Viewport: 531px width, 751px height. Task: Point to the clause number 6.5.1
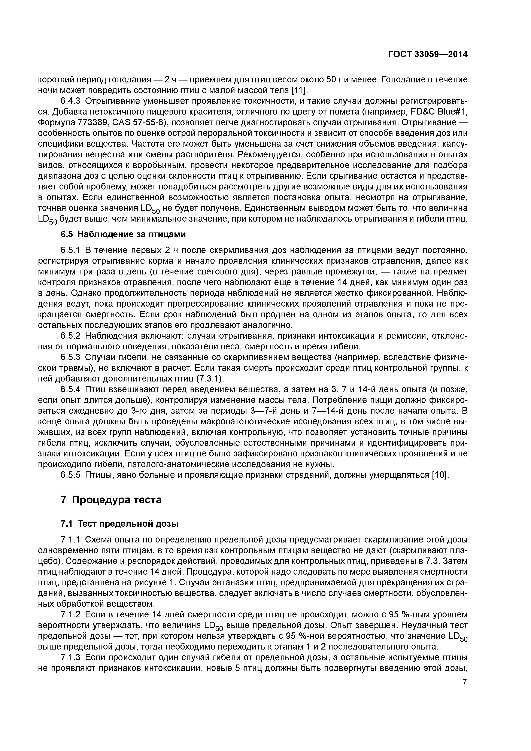[70, 250]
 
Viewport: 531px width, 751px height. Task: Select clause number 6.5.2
[70, 336]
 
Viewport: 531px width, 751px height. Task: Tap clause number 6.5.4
[70, 389]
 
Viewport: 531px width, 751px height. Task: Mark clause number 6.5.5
[70, 475]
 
